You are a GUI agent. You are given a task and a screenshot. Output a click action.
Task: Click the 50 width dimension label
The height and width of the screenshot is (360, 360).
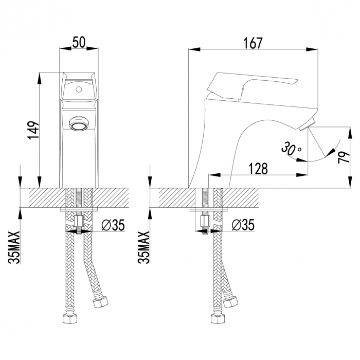click(79, 43)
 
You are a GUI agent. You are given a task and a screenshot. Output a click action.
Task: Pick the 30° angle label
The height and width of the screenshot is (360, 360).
click(291, 149)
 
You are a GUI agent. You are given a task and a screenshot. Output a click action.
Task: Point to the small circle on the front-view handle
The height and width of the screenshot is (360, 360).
click(79, 88)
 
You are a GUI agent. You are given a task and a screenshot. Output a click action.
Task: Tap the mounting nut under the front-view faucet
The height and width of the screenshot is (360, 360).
click(79, 222)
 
